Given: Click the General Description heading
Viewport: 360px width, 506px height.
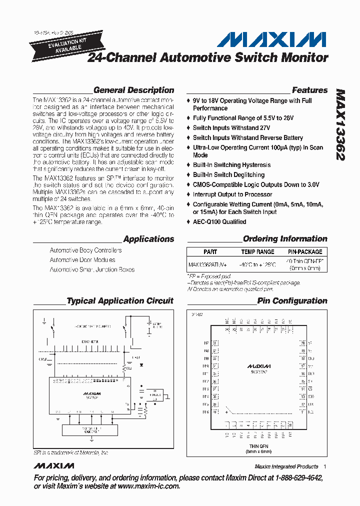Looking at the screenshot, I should pyautogui.click(x=133, y=90).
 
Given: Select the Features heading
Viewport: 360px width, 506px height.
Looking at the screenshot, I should pyautogui.click(x=309, y=90).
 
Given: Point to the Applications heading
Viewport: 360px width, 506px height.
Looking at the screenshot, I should pyautogui.click(x=148, y=239).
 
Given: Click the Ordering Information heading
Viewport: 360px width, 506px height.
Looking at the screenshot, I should pyautogui.click(x=285, y=239).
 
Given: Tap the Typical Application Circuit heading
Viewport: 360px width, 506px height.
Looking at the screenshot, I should pyautogui.click(x=120, y=301).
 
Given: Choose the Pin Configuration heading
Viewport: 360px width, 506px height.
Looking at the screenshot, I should pyautogui.click(x=292, y=301).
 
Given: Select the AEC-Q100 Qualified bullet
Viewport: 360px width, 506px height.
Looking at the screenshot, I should pyautogui.click(x=219, y=221).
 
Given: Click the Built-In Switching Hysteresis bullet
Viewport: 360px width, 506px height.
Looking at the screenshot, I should pyautogui.click(x=231, y=165).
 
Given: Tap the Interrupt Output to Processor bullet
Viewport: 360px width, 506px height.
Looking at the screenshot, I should pyautogui.click(x=232, y=194).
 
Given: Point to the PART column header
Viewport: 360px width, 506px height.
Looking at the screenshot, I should pyautogui.click(x=210, y=252).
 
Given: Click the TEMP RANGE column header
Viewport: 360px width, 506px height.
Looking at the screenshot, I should pyautogui.click(x=257, y=252).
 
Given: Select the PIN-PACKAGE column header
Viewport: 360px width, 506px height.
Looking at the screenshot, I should pyautogui.click(x=305, y=252).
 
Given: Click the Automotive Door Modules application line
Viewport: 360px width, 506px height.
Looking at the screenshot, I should pyautogui.click(x=82, y=260).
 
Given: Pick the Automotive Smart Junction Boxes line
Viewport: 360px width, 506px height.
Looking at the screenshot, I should pyautogui.click(x=92, y=269).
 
